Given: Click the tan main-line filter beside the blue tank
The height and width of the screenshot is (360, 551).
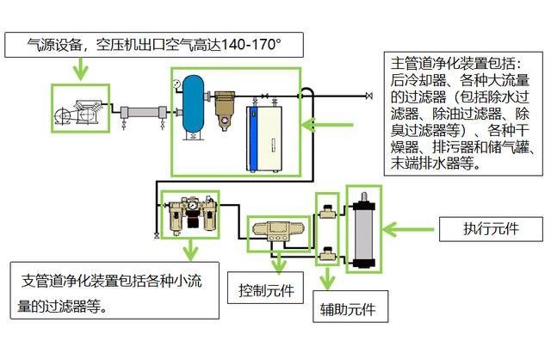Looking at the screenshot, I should [226, 108].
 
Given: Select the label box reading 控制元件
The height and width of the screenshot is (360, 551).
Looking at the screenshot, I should [265, 290].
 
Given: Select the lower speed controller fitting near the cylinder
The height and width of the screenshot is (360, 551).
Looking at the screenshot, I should [328, 255].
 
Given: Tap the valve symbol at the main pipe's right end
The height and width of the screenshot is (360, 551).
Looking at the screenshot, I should [368, 94].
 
